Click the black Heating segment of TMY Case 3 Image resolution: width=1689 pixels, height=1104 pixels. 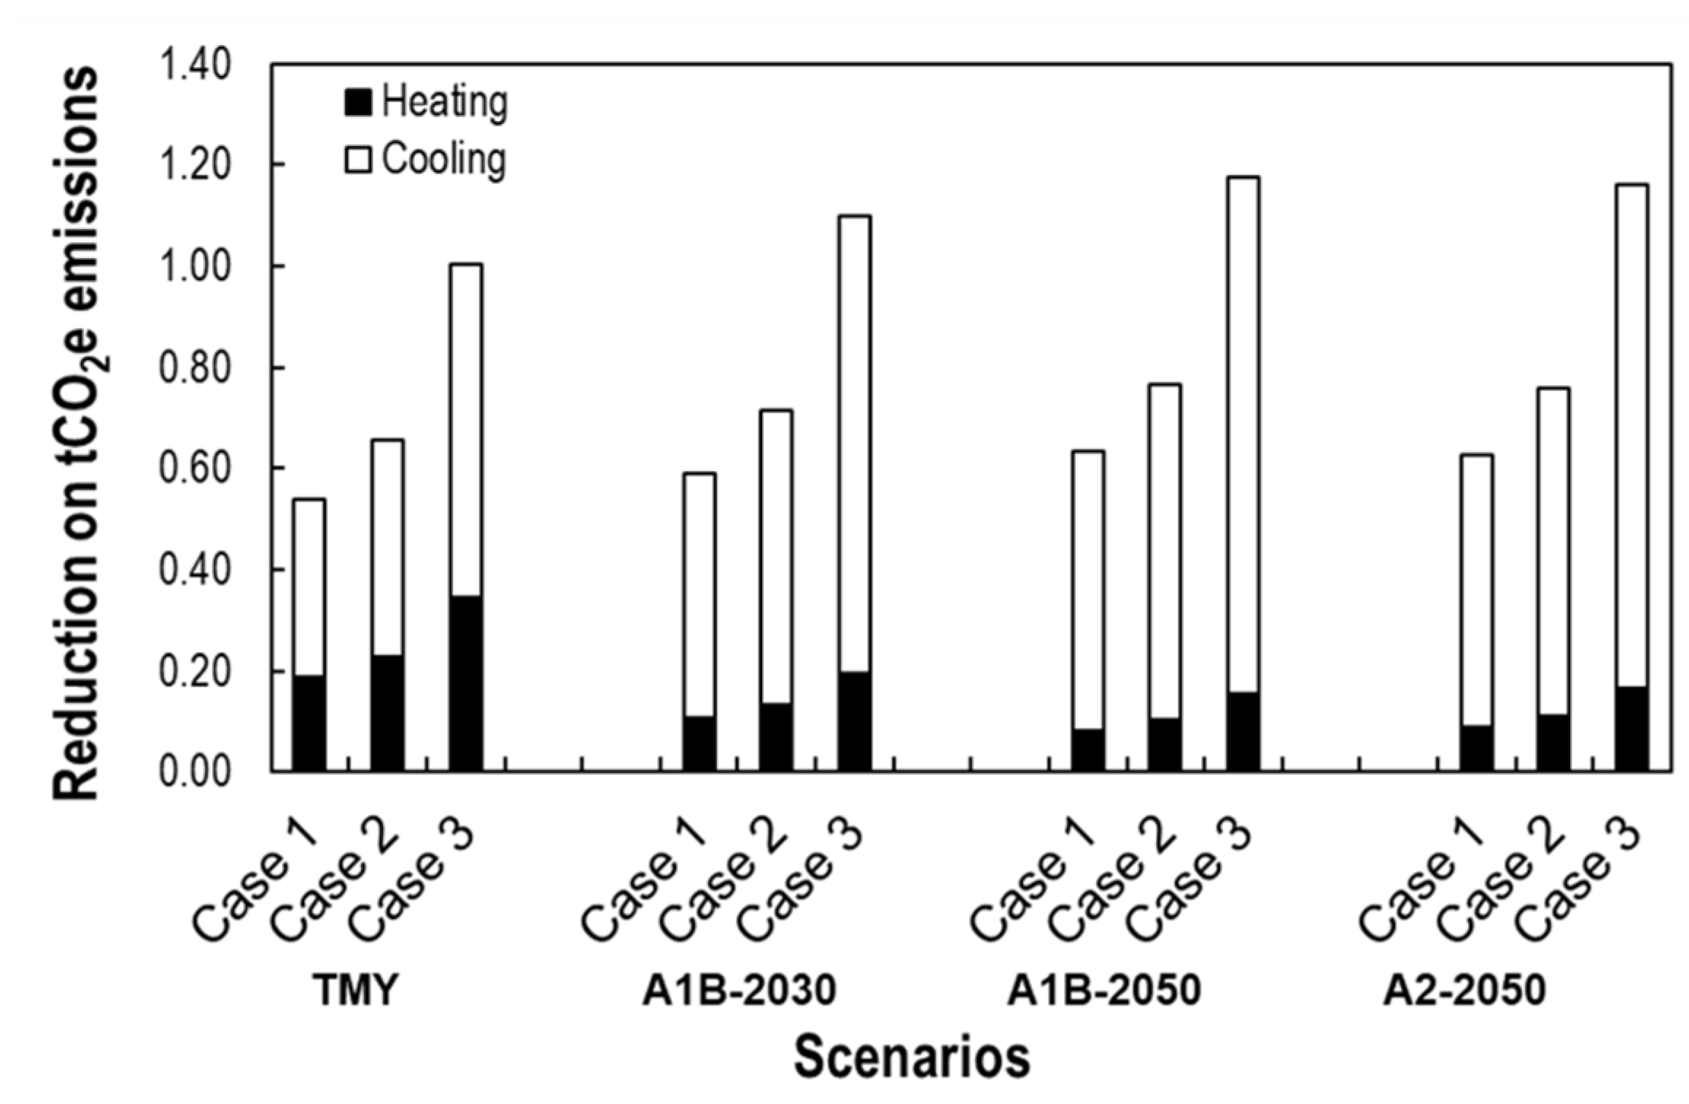[465, 683]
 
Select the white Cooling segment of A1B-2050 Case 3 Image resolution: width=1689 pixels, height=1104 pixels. [1242, 435]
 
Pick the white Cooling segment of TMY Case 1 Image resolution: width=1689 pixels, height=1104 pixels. [309, 587]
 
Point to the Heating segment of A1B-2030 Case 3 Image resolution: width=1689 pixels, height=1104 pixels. [853, 720]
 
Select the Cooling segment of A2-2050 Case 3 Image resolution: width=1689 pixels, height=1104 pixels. [1631, 435]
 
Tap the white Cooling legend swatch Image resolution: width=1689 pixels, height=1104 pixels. [357, 160]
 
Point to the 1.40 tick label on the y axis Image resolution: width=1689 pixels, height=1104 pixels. [195, 66]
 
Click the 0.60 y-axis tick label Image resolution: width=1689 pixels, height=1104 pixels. [195, 469]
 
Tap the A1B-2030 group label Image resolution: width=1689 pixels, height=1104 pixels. [739, 990]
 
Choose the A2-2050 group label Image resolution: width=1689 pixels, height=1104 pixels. [1464, 990]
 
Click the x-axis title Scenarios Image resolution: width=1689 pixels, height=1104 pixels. [912, 1057]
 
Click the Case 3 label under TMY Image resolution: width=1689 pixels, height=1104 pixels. [412, 884]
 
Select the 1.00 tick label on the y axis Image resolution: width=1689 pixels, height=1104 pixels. [195, 267]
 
